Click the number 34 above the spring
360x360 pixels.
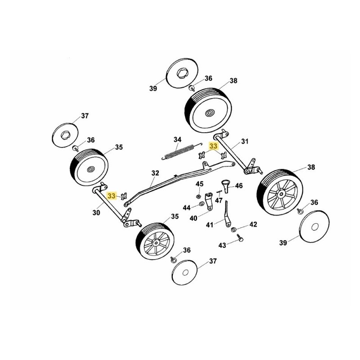[178, 139]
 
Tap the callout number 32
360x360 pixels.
[155, 173]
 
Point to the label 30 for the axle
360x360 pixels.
[96, 213]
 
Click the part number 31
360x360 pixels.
[245, 141]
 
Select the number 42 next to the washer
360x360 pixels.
[253, 224]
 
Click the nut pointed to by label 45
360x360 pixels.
[198, 196]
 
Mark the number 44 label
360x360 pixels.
[187, 207]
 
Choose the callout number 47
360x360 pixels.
[219, 200]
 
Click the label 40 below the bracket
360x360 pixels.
[193, 218]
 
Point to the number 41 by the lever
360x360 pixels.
[210, 225]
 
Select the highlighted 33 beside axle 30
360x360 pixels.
[112, 196]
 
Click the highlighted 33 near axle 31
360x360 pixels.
[213, 146]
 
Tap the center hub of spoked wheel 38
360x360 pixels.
[280, 194]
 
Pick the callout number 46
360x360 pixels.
[239, 185]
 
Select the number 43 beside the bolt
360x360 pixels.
[222, 245]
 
